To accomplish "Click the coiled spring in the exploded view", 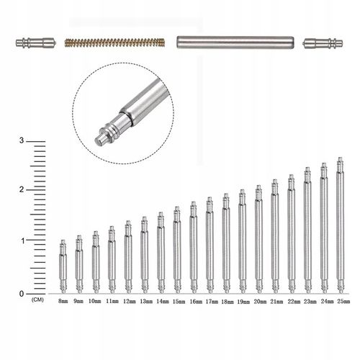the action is (114, 42).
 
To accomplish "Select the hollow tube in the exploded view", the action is (235, 42).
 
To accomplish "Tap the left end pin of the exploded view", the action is (36, 43).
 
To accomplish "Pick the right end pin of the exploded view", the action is (323, 43).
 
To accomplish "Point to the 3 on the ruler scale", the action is (22, 140).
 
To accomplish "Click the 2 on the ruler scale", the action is (22, 190).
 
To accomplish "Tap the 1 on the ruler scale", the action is (22, 240).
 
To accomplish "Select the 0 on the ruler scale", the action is (22, 294).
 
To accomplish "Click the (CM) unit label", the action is (37, 300).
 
